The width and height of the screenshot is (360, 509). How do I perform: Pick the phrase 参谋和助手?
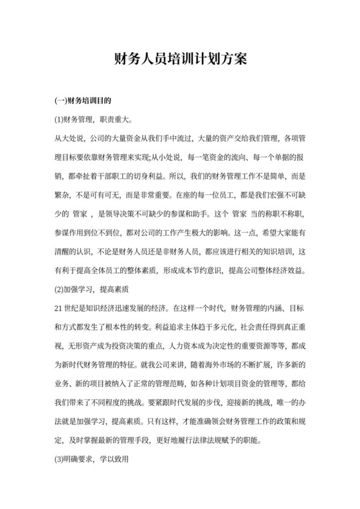(x=192, y=213)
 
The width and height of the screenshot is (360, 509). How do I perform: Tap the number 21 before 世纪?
(x=60, y=308)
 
